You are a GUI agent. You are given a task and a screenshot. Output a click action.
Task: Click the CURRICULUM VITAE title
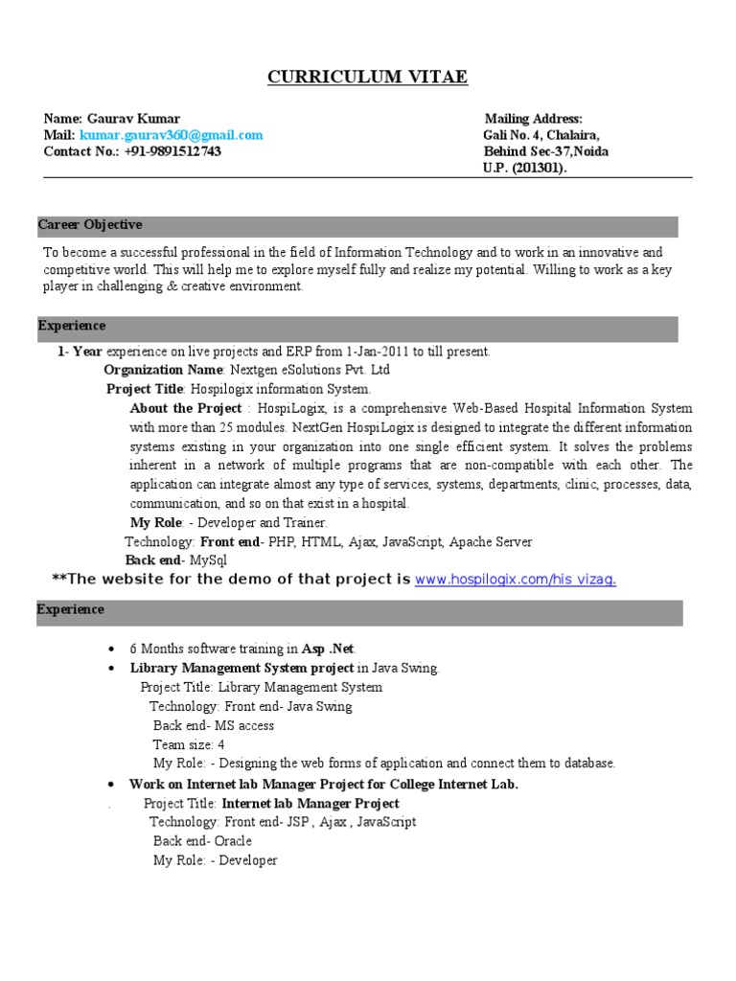pyautogui.click(x=367, y=78)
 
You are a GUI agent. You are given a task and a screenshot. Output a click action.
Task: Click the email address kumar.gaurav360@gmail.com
pyautogui.click(x=171, y=135)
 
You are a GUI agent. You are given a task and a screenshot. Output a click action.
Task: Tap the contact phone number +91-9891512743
pyautogui.click(x=172, y=151)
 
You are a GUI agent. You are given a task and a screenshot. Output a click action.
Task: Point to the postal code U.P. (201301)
pyautogui.click(x=524, y=168)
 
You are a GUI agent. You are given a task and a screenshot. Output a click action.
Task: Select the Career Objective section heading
pyautogui.click(x=90, y=225)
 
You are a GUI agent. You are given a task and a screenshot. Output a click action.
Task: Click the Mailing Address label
pyautogui.click(x=533, y=119)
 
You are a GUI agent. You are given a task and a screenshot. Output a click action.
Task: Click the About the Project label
pyautogui.click(x=186, y=408)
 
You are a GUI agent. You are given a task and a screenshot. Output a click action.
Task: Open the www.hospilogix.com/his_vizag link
pyautogui.click(x=515, y=580)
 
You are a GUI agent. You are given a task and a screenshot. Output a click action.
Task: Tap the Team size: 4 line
pyautogui.click(x=189, y=744)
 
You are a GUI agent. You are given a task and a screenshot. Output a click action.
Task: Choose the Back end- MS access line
pyautogui.click(x=214, y=725)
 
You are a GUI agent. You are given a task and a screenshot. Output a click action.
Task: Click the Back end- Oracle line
pyautogui.click(x=202, y=841)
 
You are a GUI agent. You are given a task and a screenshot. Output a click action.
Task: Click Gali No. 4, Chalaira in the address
pyautogui.click(x=541, y=135)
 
